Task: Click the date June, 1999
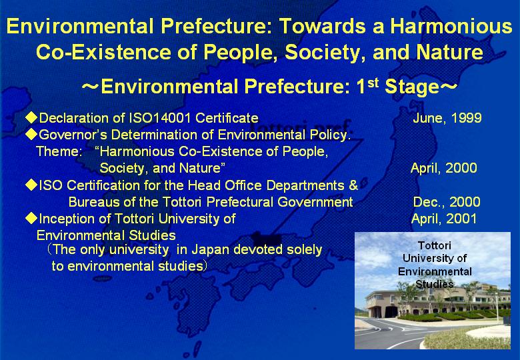tap(447, 118)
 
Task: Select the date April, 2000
tap(444, 168)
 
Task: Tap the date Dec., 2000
tap(447, 202)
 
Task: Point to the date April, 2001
tap(444, 219)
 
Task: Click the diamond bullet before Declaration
tap(31, 117)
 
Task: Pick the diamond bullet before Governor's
tap(31, 134)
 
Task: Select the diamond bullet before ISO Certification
tap(31, 185)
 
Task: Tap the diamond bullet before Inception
tap(31, 218)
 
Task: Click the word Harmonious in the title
tap(451, 26)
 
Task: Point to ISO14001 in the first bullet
tap(160, 118)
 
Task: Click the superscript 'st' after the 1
tap(373, 82)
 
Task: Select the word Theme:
tap(59, 151)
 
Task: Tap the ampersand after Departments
tap(353, 185)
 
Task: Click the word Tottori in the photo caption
tap(435, 245)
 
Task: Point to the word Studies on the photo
tap(435, 284)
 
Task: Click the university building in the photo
tap(435, 301)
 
